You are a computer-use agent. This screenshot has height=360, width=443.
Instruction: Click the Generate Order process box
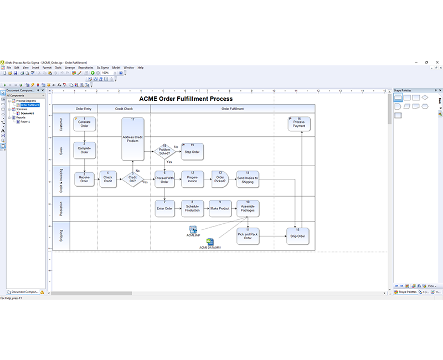(84, 124)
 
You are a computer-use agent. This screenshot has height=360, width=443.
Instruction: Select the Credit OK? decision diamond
(132, 179)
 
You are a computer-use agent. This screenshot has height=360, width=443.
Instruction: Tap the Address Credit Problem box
(132, 138)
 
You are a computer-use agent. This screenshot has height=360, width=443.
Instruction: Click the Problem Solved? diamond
(164, 150)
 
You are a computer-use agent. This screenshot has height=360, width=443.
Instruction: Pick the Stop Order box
(192, 151)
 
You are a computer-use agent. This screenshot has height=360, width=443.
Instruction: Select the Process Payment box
(298, 124)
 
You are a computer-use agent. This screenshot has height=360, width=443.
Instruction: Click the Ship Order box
(297, 236)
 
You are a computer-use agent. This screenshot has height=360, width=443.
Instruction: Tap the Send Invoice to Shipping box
(248, 179)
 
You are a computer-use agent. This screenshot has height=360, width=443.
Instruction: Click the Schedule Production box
(192, 208)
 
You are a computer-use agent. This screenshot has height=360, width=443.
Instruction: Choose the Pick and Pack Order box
(248, 236)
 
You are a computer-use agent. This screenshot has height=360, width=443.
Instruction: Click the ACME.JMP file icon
(193, 229)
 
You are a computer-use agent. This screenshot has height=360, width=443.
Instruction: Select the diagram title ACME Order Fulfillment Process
(186, 99)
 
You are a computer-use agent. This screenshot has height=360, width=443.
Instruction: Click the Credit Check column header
(123, 109)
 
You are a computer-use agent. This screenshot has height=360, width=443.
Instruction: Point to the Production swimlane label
(61, 208)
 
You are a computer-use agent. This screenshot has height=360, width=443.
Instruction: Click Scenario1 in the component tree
(27, 113)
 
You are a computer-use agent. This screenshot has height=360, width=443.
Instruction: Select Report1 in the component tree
(27, 121)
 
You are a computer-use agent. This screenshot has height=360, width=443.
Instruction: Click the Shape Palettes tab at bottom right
(408, 292)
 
